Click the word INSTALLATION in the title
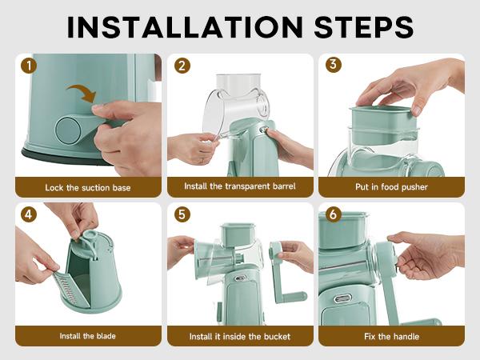pos(185,27)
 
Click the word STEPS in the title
pos(364,27)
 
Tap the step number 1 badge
pos(29,66)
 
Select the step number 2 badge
pos(182,66)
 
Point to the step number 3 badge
pos(334,65)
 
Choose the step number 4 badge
pos(29,214)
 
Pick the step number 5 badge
pos(182,214)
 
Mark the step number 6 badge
pos(334,214)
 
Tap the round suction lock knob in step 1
pos(68,130)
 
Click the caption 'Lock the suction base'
pos(88,187)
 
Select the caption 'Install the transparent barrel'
pos(240,186)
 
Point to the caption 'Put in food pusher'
pos(391,186)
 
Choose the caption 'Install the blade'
pos(88,336)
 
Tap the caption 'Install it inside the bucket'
pos(240,337)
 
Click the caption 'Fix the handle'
pos(391,337)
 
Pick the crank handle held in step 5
pos(283,274)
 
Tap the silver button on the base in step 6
pos(342,298)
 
